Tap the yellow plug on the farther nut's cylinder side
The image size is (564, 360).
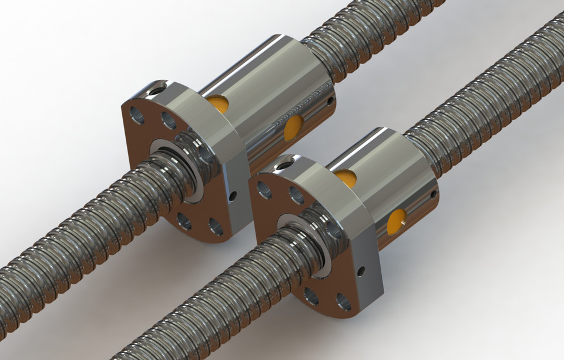click(x=294, y=127)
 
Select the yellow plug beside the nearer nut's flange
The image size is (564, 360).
click(x=347, y=177)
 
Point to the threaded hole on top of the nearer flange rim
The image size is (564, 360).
click(x=285, y=165)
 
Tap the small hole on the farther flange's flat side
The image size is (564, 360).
click(x=233, y=195)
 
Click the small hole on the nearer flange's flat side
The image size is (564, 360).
click(x=361, y=271)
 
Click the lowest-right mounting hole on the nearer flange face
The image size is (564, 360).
click(x=343, y=301)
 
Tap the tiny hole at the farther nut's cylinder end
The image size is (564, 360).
click(x=331, y=101)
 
